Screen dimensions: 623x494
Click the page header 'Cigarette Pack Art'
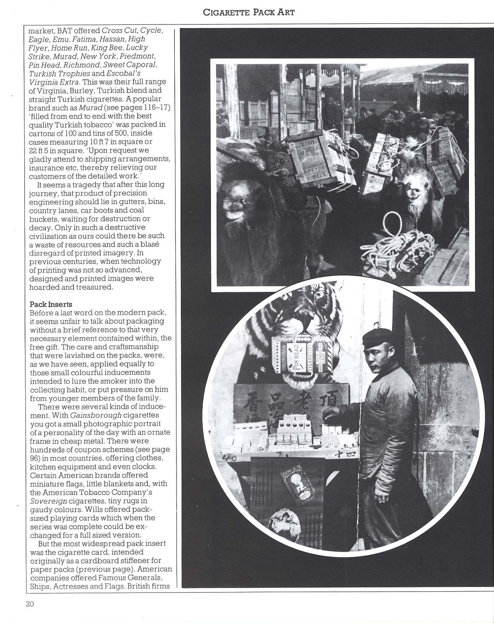[x=249, y=12]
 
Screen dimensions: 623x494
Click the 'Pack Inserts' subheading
[x=50, y=304]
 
